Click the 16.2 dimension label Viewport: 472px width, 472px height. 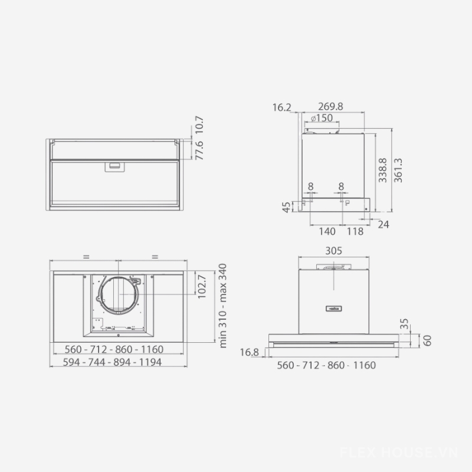click(x=282, y=107)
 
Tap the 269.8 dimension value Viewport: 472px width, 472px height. click(x=330, y=106)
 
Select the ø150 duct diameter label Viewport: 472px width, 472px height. click(x=322, y=117)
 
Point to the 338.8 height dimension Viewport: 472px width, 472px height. click(x=382, y=170)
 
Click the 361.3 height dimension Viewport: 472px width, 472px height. click(x=398, y=170)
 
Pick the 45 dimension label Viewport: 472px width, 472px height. click(x=286, y=207)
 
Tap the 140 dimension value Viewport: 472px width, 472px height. click(x=327, y=231)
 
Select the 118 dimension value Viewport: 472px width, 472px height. click(x=355, y=231)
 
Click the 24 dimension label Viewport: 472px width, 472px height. click(x=383, y=224)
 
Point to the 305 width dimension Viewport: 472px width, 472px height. click(x=333, y=251)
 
